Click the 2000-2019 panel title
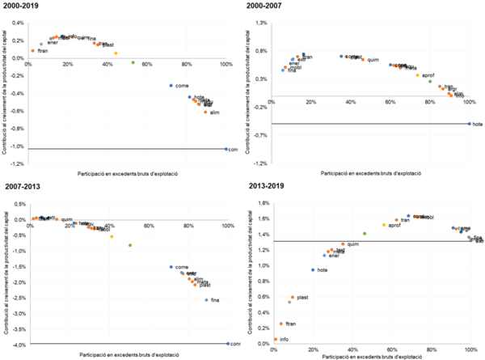(19, 5)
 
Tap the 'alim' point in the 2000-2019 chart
(206, 112)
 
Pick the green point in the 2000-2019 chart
(133, 62)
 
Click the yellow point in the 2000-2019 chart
(116, 53)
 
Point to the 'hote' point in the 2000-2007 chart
(470, 124)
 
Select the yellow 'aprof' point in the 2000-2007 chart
(417, 75)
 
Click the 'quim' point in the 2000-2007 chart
(363, 59)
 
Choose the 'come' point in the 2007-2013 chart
(171, 266)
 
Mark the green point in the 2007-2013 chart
(129, 245)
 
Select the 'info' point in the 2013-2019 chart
(275, 340)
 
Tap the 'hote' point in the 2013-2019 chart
(313, 269)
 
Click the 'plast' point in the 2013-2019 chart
(293, 298)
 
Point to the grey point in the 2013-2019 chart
(289, 302)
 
